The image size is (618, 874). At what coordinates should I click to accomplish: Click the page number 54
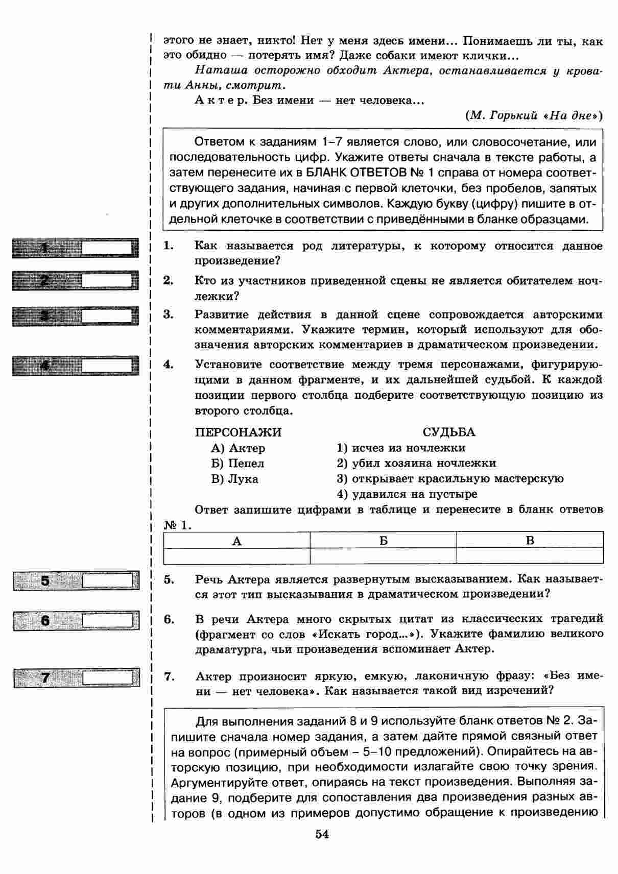322,834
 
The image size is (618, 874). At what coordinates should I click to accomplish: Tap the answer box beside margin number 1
107,249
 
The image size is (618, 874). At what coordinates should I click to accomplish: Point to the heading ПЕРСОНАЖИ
238,432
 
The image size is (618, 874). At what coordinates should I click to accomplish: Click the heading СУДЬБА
448,432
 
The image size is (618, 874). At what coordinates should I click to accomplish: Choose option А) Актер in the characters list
238,448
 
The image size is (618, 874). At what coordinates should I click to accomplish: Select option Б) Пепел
237,464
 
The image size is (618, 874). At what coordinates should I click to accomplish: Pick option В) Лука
234,479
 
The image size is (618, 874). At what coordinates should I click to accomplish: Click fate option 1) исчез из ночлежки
401,448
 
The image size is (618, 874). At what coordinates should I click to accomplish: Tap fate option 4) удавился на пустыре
407,494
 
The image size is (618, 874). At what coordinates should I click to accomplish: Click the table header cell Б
383,541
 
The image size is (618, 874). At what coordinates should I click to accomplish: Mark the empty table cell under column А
236,555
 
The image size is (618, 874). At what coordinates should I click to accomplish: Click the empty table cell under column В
530,555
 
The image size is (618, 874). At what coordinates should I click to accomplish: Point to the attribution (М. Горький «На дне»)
534,115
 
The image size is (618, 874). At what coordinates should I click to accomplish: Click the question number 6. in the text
169,619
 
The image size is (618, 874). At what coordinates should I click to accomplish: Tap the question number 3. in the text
169,314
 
